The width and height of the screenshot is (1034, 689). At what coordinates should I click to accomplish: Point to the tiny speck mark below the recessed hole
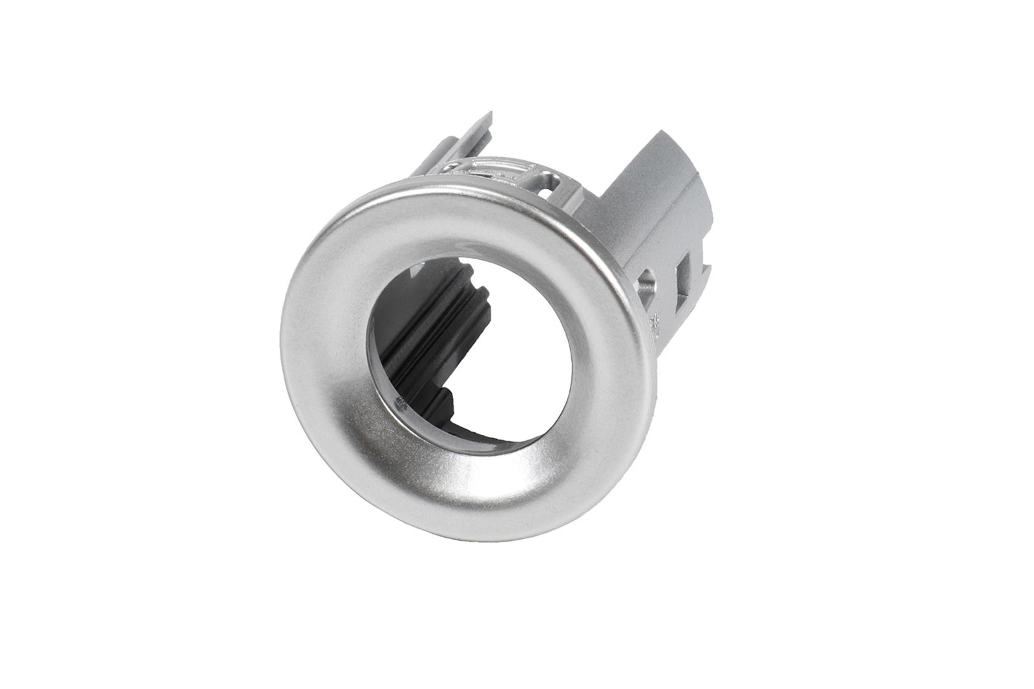655,319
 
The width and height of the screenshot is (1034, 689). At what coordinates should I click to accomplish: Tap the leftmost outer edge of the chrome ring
283,352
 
